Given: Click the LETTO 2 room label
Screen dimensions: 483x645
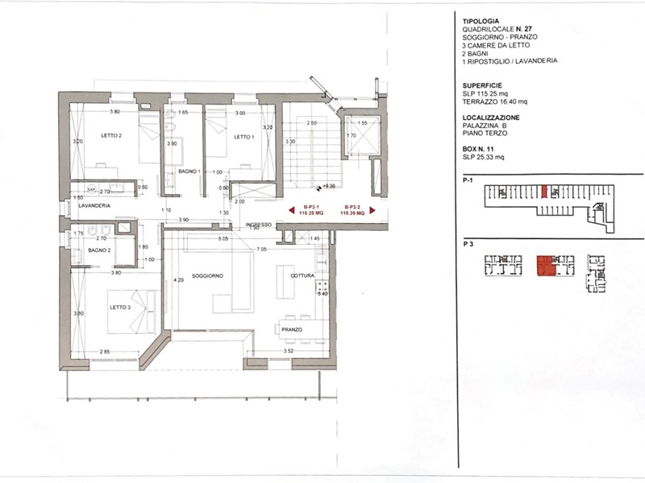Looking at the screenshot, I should coord(110,136).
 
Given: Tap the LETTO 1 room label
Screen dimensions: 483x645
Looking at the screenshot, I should coord(243,137).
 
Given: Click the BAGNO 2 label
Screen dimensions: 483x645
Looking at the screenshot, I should coord(100,250).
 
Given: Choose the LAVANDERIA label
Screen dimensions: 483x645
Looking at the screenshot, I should coord(94,206).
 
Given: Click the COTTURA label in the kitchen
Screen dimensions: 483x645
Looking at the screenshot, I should coord(303,276).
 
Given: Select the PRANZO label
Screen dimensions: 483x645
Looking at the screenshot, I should coord(292,328).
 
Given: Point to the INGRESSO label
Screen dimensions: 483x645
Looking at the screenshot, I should coord(259,224).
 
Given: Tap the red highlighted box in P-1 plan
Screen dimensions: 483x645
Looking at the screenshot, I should coord(545,191).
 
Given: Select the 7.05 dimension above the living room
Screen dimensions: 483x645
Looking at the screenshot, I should coord(262,250).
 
